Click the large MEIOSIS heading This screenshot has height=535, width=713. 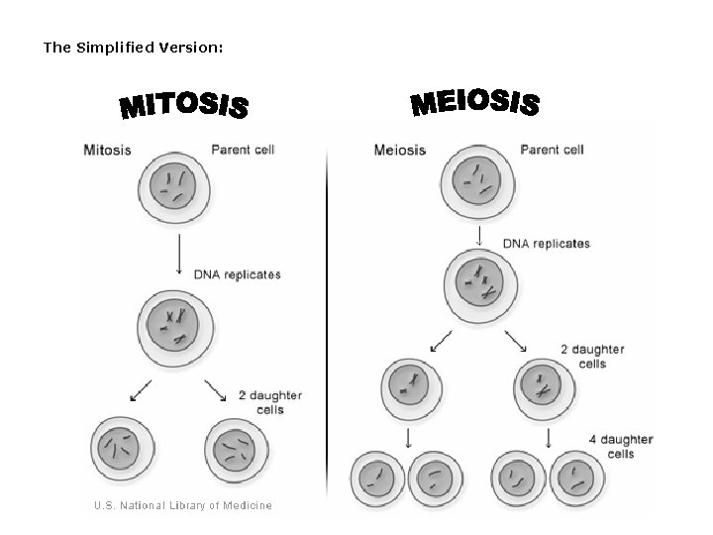click(x=474, y=102)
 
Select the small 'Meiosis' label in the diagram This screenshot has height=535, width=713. click(x=400, y=151)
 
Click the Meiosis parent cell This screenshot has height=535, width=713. click(x=479, y=182)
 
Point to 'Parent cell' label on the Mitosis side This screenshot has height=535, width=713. click(x=243, y=151)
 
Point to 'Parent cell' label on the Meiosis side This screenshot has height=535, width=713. click(x=552, y=151)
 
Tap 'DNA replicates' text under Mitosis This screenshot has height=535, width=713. click(x=237, y=274)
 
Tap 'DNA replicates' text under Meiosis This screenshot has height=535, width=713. click(x=547, y=243)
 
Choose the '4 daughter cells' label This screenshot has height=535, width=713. click(x=620, y=446)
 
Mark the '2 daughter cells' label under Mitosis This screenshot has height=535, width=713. click(x=269, y=402)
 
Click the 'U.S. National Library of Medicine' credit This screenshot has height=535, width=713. click(x=182, y=505)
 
